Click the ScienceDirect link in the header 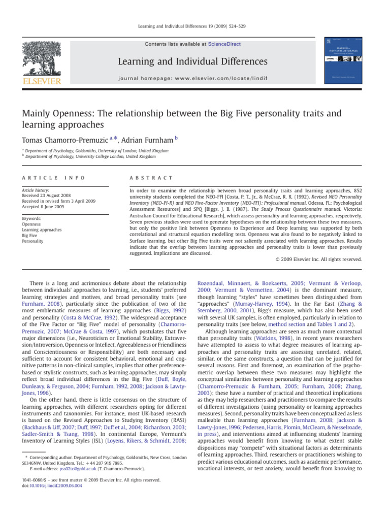(x=224, y=44)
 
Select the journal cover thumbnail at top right (x=344, y=60)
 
